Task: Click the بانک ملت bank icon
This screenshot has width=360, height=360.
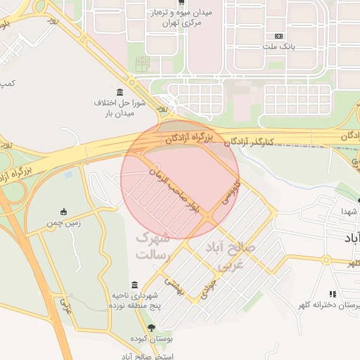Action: point(279,35)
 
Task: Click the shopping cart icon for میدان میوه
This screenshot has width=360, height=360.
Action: point(182,2)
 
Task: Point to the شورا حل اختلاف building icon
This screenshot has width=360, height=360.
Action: point(120,93)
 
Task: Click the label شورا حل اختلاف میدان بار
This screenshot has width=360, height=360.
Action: point(120,108)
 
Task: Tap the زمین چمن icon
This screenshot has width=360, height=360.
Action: point(64,212)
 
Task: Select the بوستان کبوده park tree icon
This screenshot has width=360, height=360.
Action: point(151,328)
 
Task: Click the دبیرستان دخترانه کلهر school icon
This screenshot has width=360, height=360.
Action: point(333,294)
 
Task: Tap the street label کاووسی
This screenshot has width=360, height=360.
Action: point(231,192)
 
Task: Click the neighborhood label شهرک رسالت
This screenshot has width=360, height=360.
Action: point(153,246)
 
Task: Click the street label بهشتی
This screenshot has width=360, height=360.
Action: point(174,285)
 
